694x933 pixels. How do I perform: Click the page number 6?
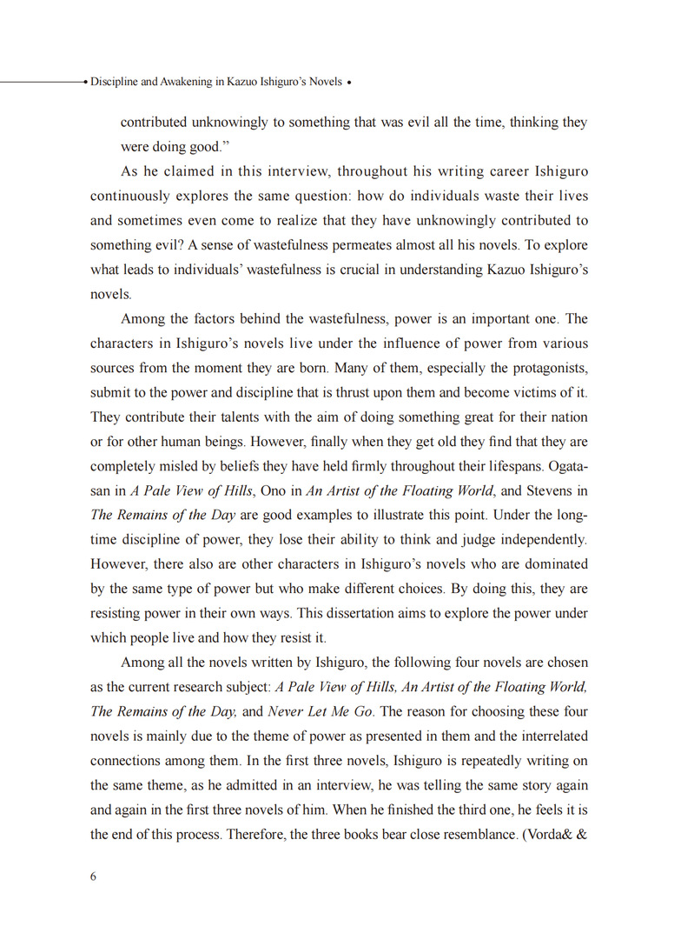tap(94, 876)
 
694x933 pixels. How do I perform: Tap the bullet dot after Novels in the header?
tap(349, 83)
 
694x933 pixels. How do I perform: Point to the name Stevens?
tap(549, 490)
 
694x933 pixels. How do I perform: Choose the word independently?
tap(539, 539)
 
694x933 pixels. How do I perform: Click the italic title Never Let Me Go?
tap(321, 711)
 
